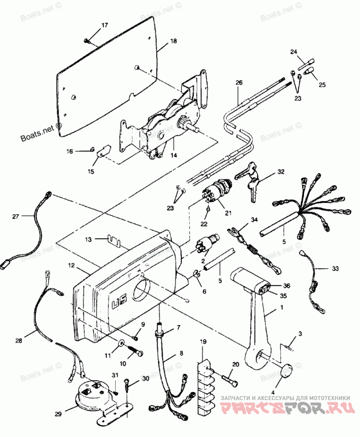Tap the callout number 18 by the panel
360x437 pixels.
[x=174, y=41]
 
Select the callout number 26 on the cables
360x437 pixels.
[x=238, y=83]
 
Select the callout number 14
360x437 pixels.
[x=174, y=155]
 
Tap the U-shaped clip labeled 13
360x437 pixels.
[x=115, y=241]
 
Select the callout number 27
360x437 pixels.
[x=15, y=216]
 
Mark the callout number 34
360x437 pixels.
[x=254, y=220]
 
